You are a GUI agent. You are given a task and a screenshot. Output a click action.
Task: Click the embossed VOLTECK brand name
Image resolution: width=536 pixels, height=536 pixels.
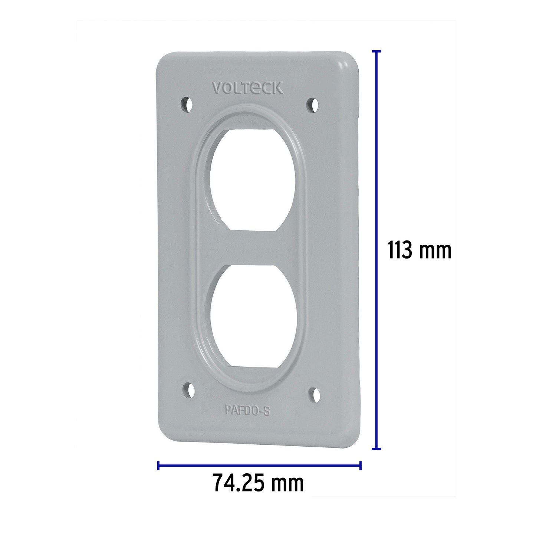247,88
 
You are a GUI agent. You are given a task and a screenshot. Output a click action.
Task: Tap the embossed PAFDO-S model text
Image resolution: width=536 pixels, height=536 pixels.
247,411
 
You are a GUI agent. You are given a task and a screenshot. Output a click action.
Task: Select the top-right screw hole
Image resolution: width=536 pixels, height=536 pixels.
313,105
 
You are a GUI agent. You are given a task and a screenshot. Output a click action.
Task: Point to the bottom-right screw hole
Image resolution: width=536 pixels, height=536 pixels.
315,395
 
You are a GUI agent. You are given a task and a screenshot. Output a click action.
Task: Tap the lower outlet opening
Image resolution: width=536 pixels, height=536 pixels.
253,316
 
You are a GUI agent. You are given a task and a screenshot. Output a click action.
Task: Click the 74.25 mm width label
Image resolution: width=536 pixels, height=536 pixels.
258,483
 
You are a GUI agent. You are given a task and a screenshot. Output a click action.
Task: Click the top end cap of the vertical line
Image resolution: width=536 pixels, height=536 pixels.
376,51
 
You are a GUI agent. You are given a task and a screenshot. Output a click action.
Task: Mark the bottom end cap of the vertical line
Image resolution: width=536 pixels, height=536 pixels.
376,449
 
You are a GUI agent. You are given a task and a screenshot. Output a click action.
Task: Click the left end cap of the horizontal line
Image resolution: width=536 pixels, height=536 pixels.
158,466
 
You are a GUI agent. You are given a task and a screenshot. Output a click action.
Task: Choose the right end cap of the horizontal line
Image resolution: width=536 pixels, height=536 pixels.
360,466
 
